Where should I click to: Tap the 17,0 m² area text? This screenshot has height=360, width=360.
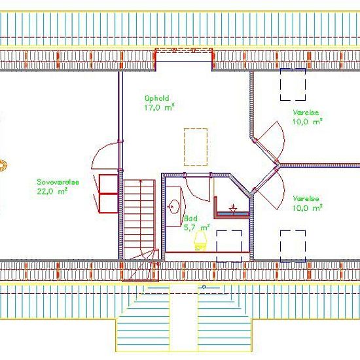[158, 107]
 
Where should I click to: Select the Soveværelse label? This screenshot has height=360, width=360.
[58, 183]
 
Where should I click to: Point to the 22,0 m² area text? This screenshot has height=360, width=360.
[53, 191]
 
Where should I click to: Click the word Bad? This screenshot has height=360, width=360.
[190, 219]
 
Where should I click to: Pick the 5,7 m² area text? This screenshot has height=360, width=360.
[196, 228]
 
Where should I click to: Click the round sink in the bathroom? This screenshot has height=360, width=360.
[173, 207]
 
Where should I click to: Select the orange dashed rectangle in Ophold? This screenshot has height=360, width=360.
[196, 147]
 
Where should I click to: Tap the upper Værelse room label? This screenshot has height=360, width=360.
[306, 112]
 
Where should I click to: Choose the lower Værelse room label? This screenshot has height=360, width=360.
[306, 198]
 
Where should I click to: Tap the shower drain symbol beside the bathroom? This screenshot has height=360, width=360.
[232, 208]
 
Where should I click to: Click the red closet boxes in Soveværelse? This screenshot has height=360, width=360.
[108, 194]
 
